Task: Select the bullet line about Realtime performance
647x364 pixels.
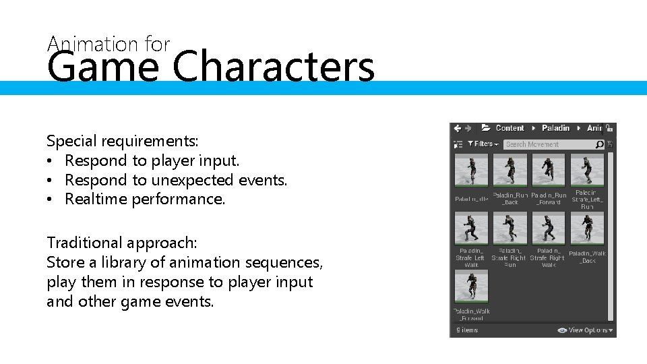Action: coord(145,199)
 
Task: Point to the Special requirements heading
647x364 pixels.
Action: coord(123,141)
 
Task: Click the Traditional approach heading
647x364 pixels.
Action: coord(122,243)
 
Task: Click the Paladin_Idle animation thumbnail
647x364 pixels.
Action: coord(472,170)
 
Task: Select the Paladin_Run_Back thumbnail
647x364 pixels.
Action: coord(510,170)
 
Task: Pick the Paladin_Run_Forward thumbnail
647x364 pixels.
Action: coord(549,170)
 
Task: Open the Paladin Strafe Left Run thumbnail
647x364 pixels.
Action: coord(587,170)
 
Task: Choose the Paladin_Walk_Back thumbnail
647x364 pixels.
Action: coord(587,229)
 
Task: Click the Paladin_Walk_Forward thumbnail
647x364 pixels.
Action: coord(472,286)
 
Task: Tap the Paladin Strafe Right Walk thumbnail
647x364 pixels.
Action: coord(549,229)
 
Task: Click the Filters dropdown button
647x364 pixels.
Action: coord(483,144)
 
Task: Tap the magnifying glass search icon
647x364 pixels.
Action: coord(599,144)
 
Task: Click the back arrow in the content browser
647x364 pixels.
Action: coord(458,128)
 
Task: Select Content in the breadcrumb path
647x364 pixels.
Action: coord(510,128)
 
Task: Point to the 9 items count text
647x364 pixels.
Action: coord(467,330)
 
